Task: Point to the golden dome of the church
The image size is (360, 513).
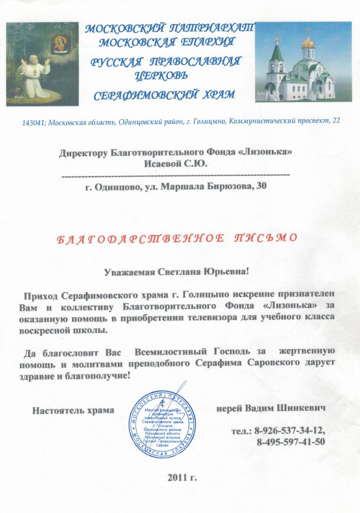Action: (x=308, y=42)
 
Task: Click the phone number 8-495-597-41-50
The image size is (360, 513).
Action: (x=291, y=442)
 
